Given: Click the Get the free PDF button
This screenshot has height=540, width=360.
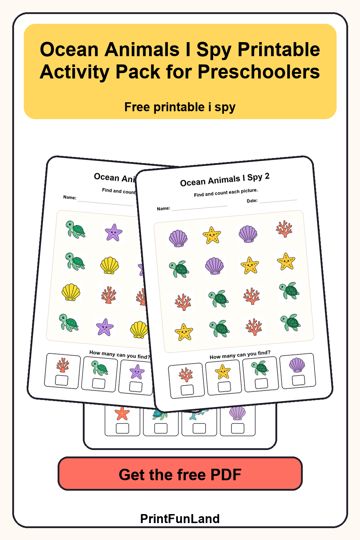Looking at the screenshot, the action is coord(180,474).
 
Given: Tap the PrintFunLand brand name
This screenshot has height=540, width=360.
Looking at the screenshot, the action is coord(180,518).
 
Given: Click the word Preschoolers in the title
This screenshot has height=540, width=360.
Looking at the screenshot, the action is coord(259,72).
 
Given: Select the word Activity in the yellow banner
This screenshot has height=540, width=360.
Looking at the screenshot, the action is coord(75,72).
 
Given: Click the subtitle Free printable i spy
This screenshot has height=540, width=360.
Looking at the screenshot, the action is coord(180,107).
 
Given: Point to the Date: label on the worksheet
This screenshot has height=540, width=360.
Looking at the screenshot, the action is coord(252,201).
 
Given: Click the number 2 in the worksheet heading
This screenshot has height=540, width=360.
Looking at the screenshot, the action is coord(267,176).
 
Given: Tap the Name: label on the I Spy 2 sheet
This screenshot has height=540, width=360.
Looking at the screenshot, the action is coord(163,208).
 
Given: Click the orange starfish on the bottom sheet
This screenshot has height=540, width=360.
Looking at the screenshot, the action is coord(122,413).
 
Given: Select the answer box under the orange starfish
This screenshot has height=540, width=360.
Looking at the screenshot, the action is coord(122,428).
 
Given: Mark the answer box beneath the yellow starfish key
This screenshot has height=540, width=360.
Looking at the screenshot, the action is coord(224,386).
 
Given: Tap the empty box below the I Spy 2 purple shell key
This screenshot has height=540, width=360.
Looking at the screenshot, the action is coord(298,380).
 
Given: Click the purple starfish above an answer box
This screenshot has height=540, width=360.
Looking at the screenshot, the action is coord(137,372).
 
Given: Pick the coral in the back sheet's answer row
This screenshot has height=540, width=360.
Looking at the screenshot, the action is coord(63,365).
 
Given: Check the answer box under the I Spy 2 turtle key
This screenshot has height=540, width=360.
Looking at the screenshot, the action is coord(261,383).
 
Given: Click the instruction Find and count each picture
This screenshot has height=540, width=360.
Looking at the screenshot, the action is coord(226,193).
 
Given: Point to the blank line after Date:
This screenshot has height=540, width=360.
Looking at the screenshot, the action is coord(279,201).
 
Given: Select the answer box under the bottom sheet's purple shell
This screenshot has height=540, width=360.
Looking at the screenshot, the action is coord(238,428).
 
